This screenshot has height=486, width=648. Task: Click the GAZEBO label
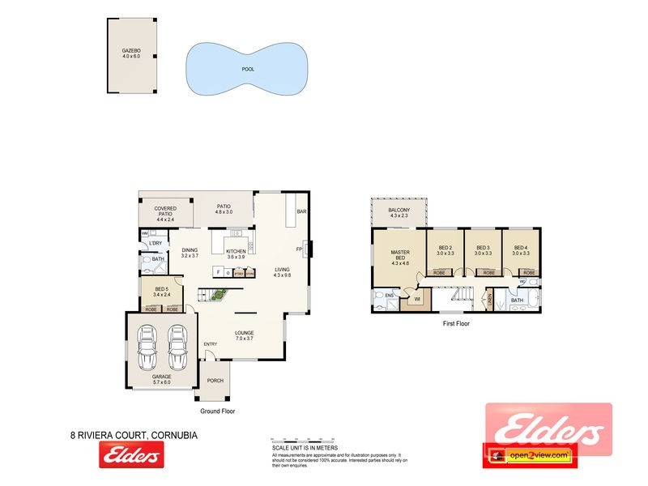[130, 50]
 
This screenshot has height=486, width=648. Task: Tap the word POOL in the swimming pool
[248, 69]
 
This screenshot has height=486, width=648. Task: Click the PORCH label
[215, 380]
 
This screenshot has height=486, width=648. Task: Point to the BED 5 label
[161, 289]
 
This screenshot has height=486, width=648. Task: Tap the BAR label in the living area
[301, 211]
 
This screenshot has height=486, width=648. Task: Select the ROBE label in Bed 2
[439, 273]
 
